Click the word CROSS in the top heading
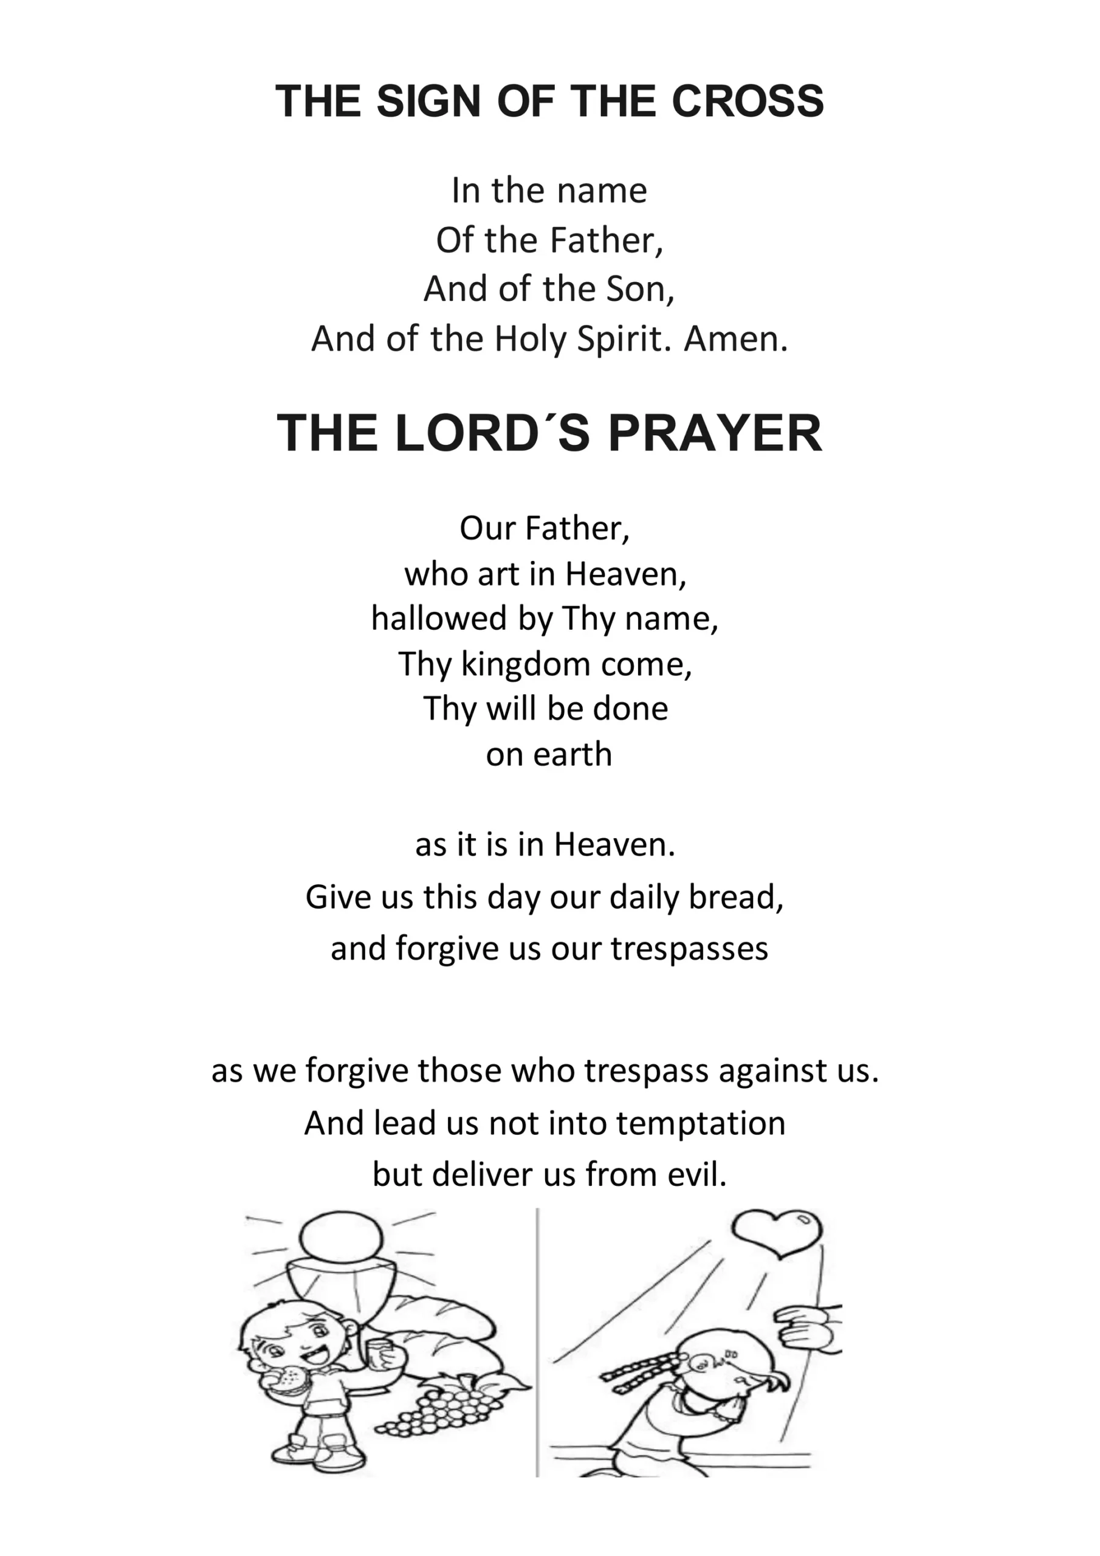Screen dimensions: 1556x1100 pyautogui.click(x=747, y=102)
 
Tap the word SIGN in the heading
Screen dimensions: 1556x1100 pyautogui.click(x=428, y=102)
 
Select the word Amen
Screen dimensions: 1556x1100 pyautogui.click(x=736, y=339)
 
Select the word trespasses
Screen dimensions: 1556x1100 pyautogui.click(x=689, y=949)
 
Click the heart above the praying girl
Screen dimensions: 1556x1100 pyautogui.click(x=777, y=1234)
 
